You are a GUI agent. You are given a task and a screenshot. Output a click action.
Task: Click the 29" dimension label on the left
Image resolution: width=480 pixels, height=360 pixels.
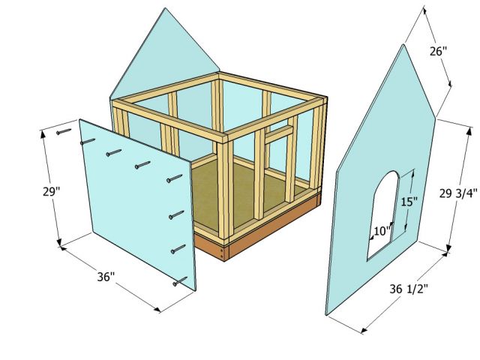(28, 191)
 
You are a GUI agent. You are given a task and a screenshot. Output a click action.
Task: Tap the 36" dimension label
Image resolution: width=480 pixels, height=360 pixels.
(106, 277)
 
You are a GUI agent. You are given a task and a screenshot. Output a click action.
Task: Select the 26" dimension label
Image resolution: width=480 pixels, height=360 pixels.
(439, 52)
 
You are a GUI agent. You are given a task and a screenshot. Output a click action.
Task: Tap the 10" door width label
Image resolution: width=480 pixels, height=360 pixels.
(381, 232)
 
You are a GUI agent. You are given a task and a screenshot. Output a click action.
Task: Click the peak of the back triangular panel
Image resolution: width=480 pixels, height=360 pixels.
(163, 8)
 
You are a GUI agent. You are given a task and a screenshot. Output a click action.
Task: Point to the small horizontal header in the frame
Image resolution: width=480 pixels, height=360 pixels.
(278, 132)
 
